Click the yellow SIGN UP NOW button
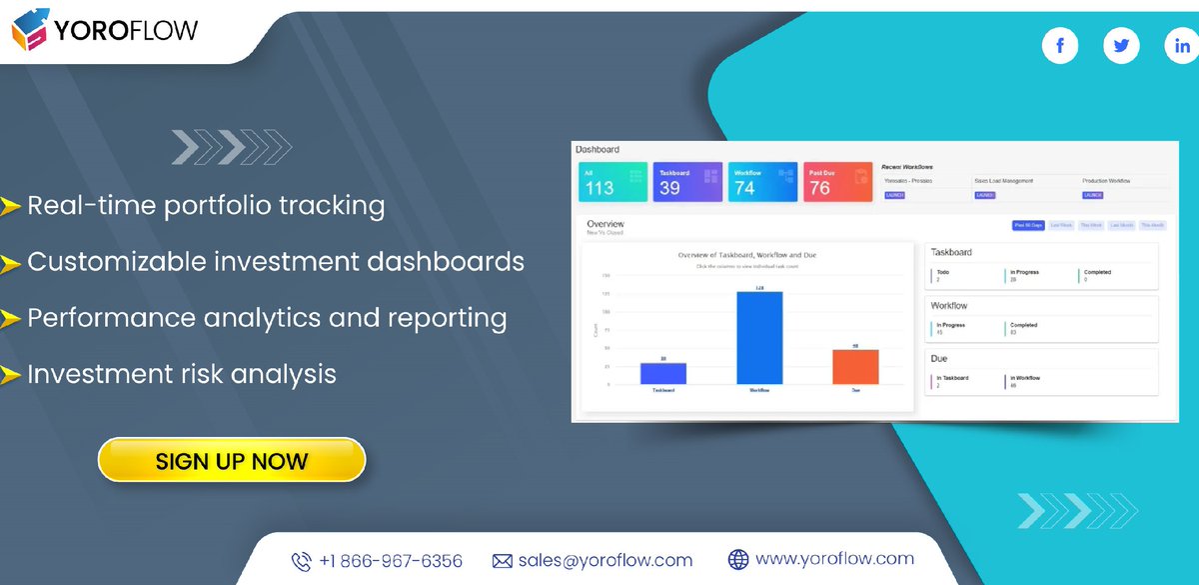click(x=232, y=461)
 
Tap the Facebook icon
click(x=1059, y=46)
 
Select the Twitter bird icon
click(x=1121, y=46)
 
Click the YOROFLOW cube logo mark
click(x=30, y=30)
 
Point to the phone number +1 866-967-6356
click(x=391, y=561)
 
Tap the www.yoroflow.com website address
click(x=834, y=559)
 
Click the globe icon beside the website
click(x=738, y=560)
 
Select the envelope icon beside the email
click(x=502, y=561)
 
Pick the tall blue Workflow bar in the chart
click(x=759, y=338)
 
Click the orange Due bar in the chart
click(x=855, y=367)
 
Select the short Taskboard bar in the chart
click(x=663, y=373)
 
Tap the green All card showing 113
click(x=612, y=183)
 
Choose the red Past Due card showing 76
click(x=837, y=183)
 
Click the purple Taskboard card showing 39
click(x=687, y=183)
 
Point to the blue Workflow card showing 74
click(x=762, y=183)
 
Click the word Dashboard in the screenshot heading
click(x=598, y=150)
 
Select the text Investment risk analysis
click(x=182, y=374)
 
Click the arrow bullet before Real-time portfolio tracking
click(x=11, y=207)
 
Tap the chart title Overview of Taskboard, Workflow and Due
click(x=746, y=255)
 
